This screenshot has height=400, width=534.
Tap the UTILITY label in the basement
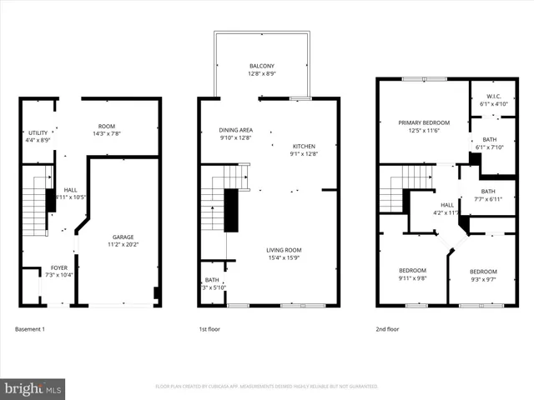38,132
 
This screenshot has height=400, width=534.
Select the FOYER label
58,267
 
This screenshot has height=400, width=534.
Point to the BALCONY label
262,66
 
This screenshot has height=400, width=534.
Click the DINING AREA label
235,130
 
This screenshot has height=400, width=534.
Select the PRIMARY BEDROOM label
424,122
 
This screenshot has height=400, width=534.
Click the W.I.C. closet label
492,97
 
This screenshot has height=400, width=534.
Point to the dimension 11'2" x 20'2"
123,245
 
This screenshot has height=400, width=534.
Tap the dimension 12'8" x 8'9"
262,74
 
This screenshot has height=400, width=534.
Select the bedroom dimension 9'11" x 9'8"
412,279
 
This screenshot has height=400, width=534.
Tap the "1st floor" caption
210,329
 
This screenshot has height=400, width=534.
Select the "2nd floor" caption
387,329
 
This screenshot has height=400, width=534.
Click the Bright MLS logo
33,387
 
